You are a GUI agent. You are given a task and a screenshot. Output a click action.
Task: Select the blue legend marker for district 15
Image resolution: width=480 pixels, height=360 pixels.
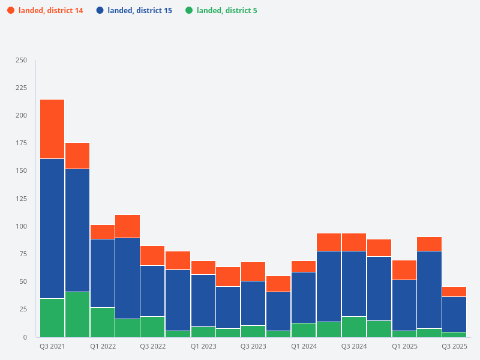(100, 10)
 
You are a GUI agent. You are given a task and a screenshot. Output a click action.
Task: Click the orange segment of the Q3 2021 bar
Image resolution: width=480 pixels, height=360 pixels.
(52, 129)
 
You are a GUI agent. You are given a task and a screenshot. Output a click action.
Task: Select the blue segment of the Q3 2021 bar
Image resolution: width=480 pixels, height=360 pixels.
(52, 228)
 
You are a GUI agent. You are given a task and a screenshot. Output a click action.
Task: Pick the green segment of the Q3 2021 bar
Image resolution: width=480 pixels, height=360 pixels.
(52, 317)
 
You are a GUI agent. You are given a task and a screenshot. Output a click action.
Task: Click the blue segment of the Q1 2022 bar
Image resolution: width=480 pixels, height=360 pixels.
(103, 273)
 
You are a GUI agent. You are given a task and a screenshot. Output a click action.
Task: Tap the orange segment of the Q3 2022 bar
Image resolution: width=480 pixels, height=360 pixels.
(152, 256)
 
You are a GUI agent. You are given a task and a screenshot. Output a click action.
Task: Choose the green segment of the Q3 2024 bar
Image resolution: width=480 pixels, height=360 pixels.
(354, 326)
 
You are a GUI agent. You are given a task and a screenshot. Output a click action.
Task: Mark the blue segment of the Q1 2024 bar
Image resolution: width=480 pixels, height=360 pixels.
(304, 297)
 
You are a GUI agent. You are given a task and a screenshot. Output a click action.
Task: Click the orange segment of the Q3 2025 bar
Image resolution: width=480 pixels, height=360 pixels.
(454, 292)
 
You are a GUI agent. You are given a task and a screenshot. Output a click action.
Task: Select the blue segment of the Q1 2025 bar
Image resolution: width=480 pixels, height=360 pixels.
(404, 305)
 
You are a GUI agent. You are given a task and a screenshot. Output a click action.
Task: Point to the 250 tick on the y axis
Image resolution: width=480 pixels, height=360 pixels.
(21, 60)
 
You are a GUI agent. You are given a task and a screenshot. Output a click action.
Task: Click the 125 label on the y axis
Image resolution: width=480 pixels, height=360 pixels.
(21, 199)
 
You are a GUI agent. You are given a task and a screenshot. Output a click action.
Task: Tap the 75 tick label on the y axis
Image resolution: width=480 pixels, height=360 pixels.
(22, 254)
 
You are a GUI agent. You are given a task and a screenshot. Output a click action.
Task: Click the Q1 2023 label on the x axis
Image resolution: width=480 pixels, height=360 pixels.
(203, 346)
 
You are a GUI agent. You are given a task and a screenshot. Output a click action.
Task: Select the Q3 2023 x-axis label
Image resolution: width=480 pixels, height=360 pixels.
(253, 346)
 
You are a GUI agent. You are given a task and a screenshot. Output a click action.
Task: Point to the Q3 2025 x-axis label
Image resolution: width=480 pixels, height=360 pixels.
(454, 346)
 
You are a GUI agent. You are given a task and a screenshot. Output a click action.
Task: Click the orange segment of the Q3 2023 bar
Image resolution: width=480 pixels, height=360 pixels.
(253, 271)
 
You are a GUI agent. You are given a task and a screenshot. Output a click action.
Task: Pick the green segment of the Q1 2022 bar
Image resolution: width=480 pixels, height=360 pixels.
(103, 322)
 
